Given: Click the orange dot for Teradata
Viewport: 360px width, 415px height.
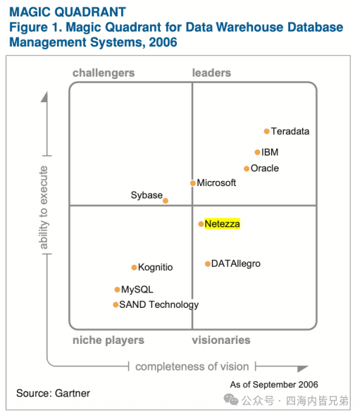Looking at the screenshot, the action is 266,131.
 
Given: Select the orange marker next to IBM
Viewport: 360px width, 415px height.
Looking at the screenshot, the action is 257,152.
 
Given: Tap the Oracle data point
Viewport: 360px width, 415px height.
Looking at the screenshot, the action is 247,168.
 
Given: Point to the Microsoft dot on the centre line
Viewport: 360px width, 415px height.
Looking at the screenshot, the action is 193,183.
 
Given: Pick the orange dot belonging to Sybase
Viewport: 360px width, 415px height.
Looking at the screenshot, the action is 166,201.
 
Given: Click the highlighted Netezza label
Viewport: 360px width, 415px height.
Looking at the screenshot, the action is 222,224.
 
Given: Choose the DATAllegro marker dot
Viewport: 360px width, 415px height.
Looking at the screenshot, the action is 208,264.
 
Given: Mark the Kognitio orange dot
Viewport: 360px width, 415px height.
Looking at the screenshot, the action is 134,268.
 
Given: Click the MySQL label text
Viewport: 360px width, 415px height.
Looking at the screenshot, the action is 137,290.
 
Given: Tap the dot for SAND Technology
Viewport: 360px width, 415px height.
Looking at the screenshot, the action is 116,305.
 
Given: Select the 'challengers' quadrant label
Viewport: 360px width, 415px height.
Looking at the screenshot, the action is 104,73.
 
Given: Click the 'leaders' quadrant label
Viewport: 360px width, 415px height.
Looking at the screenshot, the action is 211,73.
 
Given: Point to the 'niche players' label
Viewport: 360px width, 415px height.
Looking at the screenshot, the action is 108,340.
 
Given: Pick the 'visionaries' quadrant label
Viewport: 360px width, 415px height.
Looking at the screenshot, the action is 221,340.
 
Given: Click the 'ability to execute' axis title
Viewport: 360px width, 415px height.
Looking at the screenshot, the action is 44,207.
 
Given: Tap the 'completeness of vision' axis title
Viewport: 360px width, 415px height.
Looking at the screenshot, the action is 192,367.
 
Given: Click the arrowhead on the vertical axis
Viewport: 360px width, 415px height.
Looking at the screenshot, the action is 44,97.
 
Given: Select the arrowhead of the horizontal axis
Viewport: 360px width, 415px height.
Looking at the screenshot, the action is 302,368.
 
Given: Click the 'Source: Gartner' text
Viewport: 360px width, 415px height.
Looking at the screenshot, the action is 53,393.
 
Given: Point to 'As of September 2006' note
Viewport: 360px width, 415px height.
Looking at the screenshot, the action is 274,385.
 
